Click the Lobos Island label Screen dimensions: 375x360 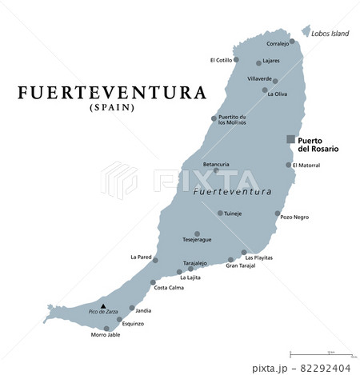[x=330, y=34]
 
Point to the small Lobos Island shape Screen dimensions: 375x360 [x=304, y=30]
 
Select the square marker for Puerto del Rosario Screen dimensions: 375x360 [x=291, y=139]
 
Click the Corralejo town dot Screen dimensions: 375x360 [x=292, y=41]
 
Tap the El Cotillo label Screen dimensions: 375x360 [x=221, y=59]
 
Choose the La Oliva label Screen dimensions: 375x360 [x=277, y=94]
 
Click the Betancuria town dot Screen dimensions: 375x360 [x=215, y=170]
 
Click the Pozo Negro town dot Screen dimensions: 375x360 [x=278, y=213]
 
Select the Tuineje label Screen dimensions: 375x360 [x=233, y=213]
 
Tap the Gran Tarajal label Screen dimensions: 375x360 [x=240, y=266]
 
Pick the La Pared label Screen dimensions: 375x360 [x=140, y=257]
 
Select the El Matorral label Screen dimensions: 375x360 [x=306, y=166]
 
